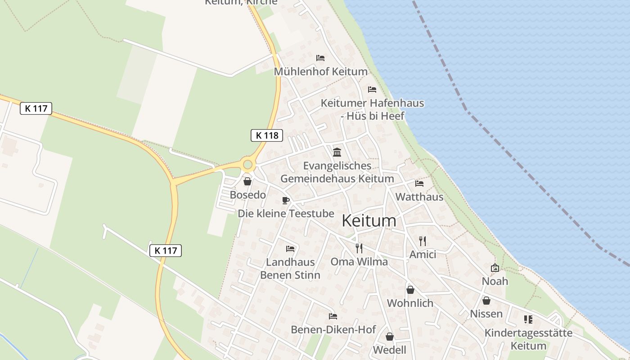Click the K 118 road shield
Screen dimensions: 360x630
point(267,135)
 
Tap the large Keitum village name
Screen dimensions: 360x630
point(369,221)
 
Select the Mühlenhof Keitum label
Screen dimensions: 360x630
point(321,72)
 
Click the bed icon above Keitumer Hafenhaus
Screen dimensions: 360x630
point(372,90)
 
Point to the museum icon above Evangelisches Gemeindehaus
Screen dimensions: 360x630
point(337,152)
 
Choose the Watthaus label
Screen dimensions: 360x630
point(419,197)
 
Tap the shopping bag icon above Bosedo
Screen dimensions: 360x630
point(247,182)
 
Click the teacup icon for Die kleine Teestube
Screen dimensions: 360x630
point(285,200)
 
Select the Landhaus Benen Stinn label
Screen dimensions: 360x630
point(290,269)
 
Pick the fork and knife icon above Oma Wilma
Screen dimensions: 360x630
point(359,248)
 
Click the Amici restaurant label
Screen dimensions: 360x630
point(423,255)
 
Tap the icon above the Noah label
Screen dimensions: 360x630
point(495,268)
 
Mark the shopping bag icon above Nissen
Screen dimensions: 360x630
point(486,301)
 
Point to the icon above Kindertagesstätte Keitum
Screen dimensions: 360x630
point(528,319)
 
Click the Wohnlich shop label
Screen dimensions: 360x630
point(410,303)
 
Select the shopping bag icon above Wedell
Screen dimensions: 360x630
point(390,337)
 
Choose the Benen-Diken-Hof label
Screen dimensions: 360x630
point(333,329)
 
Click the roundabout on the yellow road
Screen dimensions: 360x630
point(247,165)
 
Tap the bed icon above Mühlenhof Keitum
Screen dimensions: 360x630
point(320,58)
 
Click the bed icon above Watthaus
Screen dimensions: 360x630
point(419,184)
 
